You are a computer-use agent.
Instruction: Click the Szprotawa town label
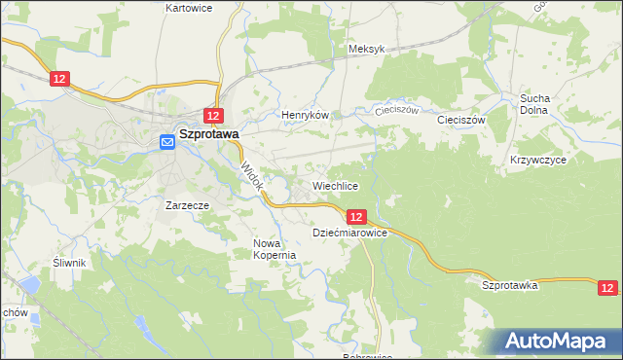point(209,137)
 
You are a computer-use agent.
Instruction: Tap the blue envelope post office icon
point(166,142)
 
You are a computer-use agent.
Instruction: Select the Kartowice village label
point(189,7)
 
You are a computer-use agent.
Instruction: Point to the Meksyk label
point(367,49)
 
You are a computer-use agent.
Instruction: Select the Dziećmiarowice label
point(350,234)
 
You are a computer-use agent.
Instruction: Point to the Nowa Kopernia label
point(274,249)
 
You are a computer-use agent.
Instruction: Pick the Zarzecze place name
point(188,206)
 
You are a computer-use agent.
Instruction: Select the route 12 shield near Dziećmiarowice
point(356,217)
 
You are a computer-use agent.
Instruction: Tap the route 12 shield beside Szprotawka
point(607,288)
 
